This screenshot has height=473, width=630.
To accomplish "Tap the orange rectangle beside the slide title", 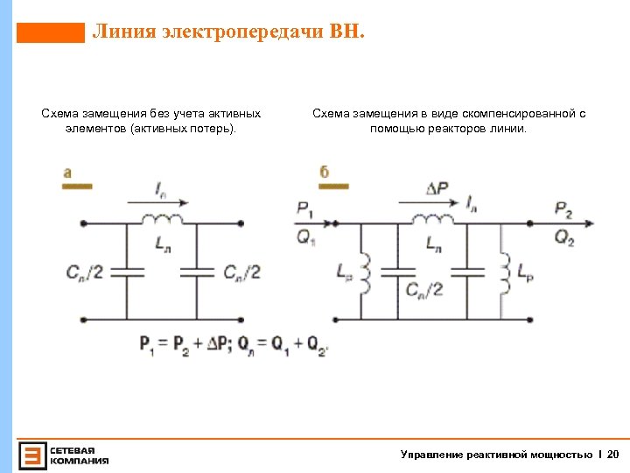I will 51,33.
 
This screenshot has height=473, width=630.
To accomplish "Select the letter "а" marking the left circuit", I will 67,173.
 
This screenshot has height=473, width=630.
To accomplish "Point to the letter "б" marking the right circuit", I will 324,172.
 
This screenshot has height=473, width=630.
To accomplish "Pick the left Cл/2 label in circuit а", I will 85,272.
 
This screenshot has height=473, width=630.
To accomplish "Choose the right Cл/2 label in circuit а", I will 242,272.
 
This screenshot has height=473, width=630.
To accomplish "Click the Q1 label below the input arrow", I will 304,237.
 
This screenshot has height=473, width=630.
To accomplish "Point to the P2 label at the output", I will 564,208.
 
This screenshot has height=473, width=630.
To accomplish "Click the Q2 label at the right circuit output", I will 564,237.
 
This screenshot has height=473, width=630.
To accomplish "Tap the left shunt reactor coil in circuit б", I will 362,272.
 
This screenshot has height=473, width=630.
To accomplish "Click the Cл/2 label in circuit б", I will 424,289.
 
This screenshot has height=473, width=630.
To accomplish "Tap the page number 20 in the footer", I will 612,454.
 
